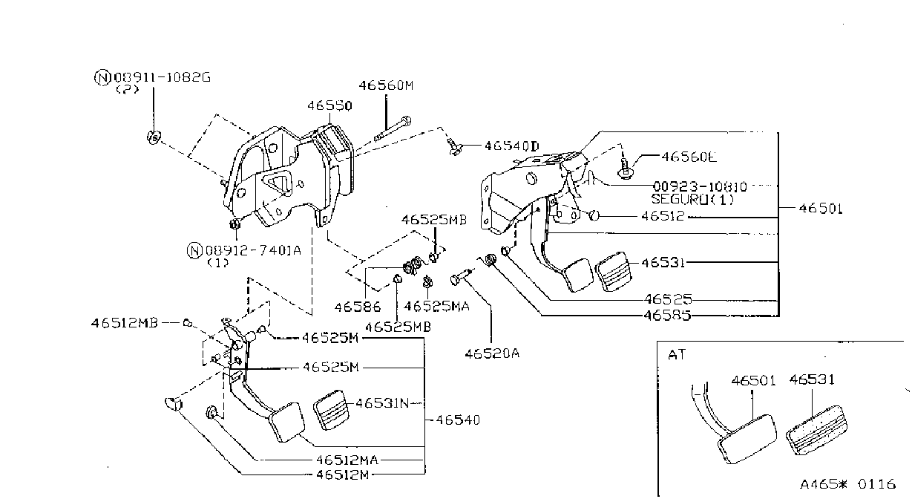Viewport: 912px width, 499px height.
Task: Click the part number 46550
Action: (x=329, y=106)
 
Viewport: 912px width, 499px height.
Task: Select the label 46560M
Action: (x=386, y=85)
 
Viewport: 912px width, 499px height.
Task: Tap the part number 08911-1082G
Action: (x=162, y=77)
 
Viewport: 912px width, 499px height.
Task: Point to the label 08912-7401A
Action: (x=253, y=250)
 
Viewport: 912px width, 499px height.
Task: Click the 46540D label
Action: (x=512, y=146)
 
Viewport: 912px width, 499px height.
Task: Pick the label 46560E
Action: (x=689, y=157)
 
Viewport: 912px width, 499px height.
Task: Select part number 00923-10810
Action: (x=701, y=186)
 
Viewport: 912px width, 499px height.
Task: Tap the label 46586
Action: (x=358, y=307)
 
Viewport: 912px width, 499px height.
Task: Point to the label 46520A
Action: (x=492, y=353)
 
